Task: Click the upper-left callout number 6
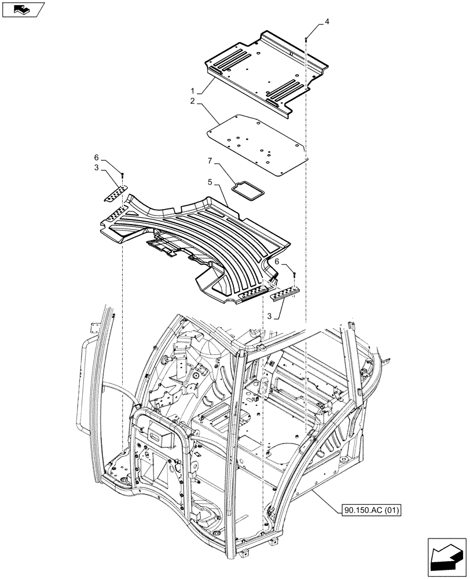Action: click(x=97, y=157)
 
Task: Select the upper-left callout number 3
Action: click(x=97, y=167)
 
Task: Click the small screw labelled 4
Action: click(x=305, y=38)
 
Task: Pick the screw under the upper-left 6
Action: click(x=123, y=175)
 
